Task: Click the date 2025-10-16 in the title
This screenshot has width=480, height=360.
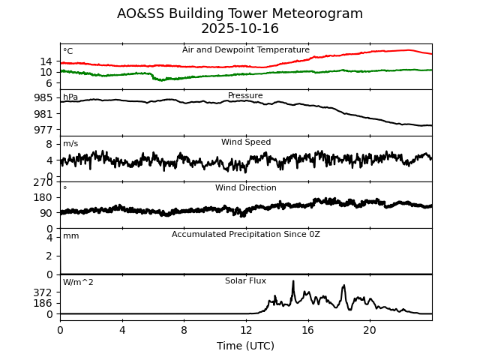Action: pos(240,29)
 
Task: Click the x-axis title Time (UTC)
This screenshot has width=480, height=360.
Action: pos(246,346)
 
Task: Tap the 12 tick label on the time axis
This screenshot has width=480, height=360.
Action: pos(246,330)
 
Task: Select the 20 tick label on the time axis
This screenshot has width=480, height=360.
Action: pos(370,330)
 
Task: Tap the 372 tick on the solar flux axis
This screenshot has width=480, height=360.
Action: pos(43,292)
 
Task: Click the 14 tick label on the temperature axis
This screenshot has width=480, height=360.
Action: pos(46,61)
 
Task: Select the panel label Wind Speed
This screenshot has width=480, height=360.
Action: pos(246,142)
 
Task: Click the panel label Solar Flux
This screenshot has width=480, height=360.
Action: pos(246,281)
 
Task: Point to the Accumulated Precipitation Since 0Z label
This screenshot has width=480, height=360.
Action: pos(246,235)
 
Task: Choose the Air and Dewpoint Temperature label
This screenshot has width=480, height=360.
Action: pos(246,50)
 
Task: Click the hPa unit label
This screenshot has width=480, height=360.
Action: pos(70,97)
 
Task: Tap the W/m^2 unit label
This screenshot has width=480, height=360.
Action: pos(78,283)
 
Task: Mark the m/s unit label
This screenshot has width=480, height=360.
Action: pos(70,144)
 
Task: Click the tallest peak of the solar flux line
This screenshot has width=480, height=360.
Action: pos(292,281)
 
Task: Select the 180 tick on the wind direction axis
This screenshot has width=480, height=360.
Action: pos(43,197)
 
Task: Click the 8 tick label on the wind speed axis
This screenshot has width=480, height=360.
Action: pos(49,144)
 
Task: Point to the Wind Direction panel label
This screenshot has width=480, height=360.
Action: pos(246,188)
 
